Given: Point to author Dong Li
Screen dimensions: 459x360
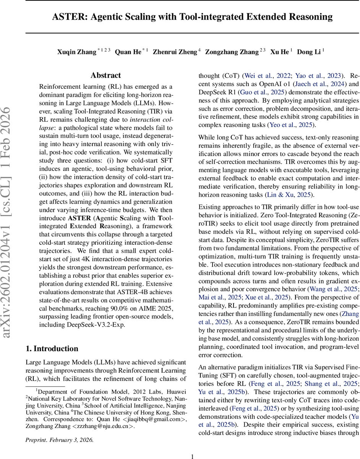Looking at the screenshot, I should (309, 52).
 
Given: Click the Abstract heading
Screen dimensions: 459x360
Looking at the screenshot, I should (106, 75).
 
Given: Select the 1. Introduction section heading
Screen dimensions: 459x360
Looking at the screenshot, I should (52, 348).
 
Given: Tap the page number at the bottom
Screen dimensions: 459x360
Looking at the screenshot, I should (193, 446).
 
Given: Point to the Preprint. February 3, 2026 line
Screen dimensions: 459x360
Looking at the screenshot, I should (59, 429).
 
